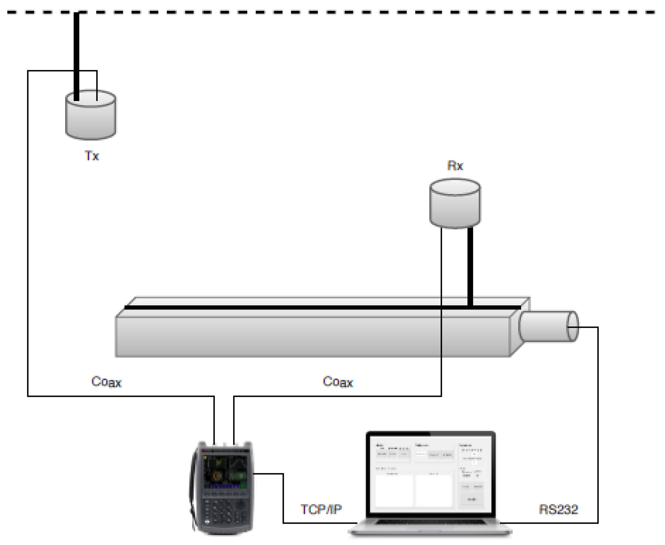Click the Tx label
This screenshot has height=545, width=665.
pyautogui.click(x=92, y=156)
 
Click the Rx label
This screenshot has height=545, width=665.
pyautogui.click(x=455, y=165)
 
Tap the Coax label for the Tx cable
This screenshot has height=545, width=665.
pyautogui.click(x=106, y=382)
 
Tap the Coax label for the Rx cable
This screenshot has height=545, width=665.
pyautogui.click(x=338, y=382)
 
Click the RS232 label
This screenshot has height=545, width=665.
pyautogui.click(x=558, y=509)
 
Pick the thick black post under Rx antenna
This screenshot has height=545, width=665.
pyautogui.click(x=470, y=267)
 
